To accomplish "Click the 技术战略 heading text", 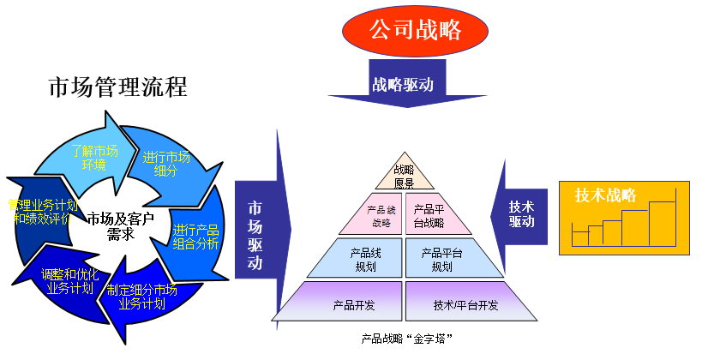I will (605, 195).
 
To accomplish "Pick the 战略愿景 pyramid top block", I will (404, 176).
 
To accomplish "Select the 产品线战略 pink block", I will (372, 215).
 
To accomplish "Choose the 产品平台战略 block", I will (436, 215).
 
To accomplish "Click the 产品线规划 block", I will (359, 258).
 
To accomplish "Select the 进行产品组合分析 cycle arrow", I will (195, 237).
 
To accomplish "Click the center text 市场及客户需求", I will (120, 226).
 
